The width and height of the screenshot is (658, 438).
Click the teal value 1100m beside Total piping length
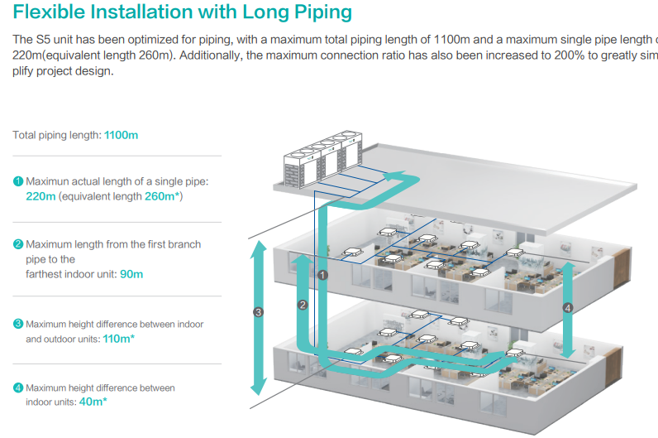(121, 135)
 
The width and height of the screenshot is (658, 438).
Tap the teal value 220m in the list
(41, 196)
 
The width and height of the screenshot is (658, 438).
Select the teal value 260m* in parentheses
(162, 196)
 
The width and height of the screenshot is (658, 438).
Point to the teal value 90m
(131, 274)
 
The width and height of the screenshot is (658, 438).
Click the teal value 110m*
(119, 339)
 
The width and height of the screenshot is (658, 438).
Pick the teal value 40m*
(93, 402)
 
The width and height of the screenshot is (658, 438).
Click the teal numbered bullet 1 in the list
(18, 181)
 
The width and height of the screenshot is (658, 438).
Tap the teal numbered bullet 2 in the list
(18, 244)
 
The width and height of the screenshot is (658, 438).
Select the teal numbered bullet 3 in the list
(18, 324)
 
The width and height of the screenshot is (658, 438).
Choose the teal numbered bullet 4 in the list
(18, 387)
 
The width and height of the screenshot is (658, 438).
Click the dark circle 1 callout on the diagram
(322, 275)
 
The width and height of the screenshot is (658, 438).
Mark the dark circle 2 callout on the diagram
(303, 305)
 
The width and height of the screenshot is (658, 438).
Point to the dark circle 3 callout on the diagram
(259, 312)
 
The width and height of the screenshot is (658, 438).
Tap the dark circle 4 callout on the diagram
(568, 308)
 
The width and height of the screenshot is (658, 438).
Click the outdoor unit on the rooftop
(322, 159)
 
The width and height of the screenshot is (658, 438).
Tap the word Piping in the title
(323, 12)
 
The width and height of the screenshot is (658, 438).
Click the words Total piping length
(57, 135)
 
